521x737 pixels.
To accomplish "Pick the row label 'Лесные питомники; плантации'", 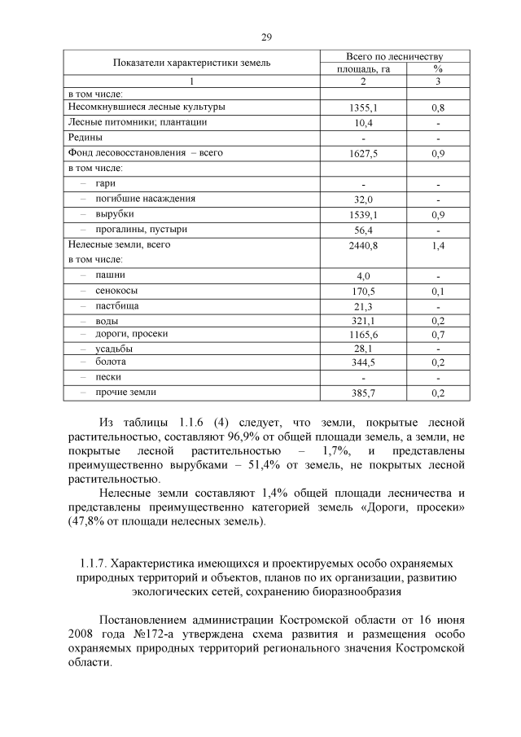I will pos(138,122).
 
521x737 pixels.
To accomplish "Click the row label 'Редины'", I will pos(85,137).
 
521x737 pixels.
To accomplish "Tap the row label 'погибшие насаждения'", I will pos(145,198).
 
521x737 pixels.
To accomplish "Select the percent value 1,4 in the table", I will pos(438,245).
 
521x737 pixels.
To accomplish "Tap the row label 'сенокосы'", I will pos(116,290).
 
